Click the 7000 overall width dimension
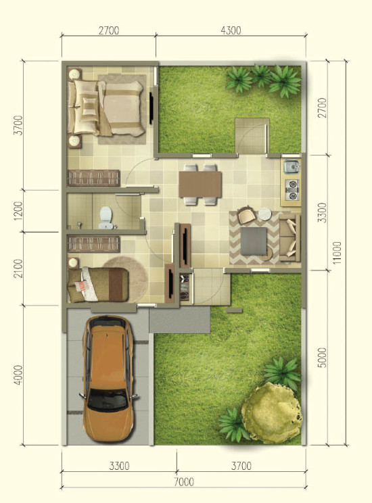tap(184, 481)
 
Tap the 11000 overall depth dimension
tap(337, 253)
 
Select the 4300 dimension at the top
tap(231, 30)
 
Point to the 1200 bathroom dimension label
tap(19, 211)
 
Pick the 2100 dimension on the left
tap(19, 268)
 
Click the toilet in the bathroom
tap(106, 218)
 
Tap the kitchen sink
tap(292, 167)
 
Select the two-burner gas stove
tap(292, 190)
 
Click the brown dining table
tap(200, 184)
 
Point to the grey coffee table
tap(254, 241)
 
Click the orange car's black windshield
tap(107, 400)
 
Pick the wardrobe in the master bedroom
tap(94, 178)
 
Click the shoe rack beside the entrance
tap(184, 287)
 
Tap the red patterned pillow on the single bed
tap(82, 286)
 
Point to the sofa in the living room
tap(290, 237)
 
